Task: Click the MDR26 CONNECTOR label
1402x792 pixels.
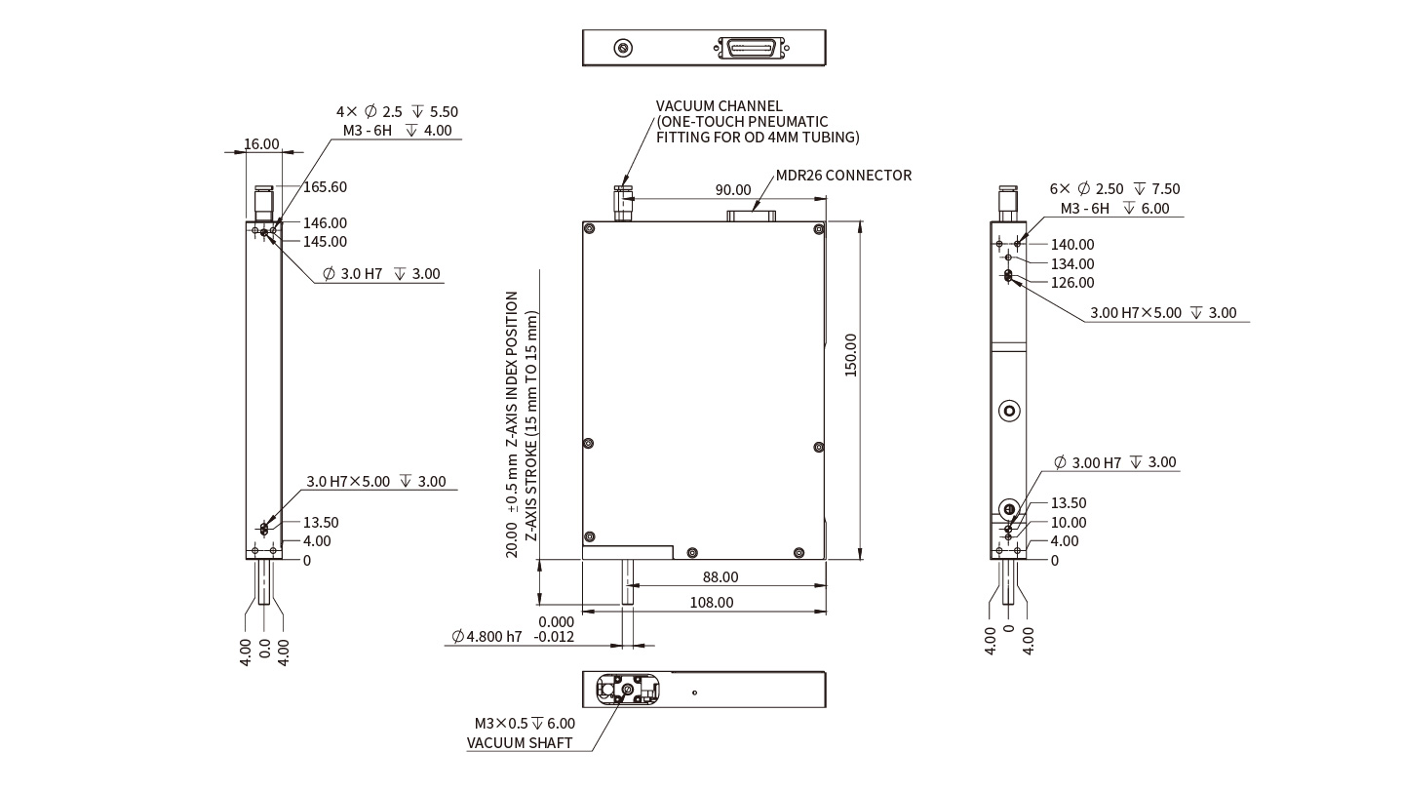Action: click(x=843, y=176)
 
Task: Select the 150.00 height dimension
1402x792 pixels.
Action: click(x=850, y=355)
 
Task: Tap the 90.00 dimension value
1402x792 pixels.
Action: click(x=733, y=190)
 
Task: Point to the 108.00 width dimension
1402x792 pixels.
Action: click(x=712, y=603)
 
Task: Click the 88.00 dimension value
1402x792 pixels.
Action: click(x=720, y=577)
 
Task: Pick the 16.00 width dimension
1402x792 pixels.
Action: click(x=261, y=144)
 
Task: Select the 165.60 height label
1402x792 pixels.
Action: click(x=325, y=186)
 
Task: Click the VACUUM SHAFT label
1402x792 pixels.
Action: click(x=519, y=743)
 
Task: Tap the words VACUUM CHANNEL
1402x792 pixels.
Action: click(x=719, y=106)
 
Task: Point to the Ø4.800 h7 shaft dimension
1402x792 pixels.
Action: click(x=487, y=637)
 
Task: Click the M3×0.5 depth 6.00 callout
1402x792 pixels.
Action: click(x=525, y=724)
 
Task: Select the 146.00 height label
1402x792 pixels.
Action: click(x=325, y=223)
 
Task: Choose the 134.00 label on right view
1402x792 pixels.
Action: click(x=1072, y=264)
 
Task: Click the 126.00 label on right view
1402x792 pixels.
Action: click(x=1072, y=283)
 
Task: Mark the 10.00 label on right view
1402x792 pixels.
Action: click(x=1068, y=523)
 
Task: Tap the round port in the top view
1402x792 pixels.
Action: click(x=622, y=47)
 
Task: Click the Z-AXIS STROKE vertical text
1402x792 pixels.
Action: click(x=531, y=427)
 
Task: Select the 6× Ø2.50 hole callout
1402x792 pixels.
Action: click(x=1114, y=189)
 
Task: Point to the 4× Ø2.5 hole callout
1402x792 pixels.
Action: click(x=397, y=112)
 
